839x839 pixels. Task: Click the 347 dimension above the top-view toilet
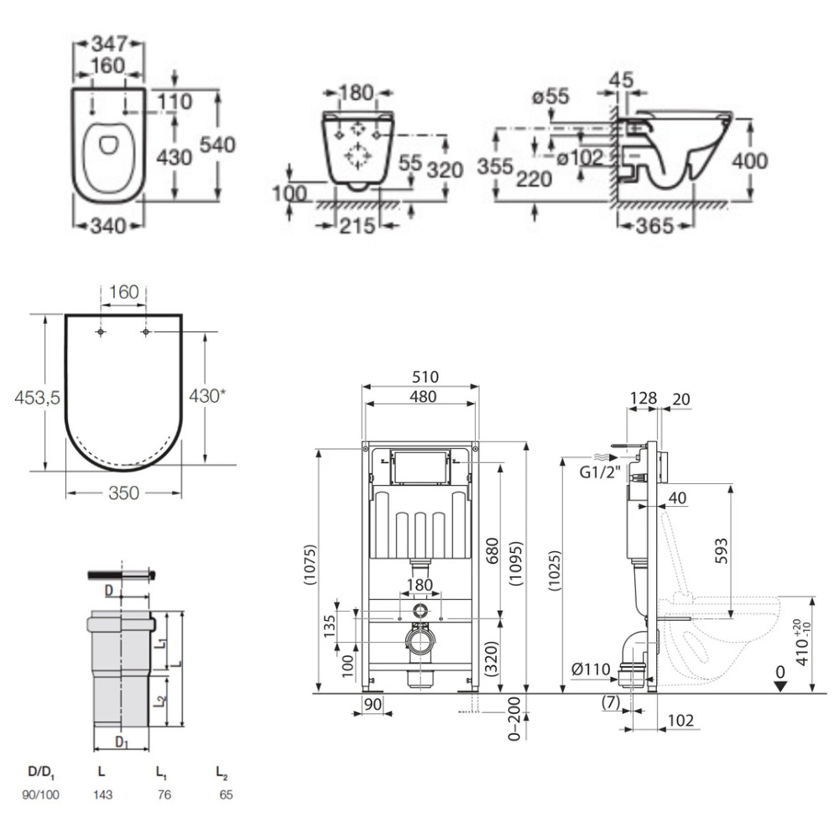pos(108,44)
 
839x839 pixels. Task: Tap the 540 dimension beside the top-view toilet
pos(217,145)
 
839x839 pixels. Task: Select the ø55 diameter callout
pos(550,96)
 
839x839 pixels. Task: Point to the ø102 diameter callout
pos(580,158)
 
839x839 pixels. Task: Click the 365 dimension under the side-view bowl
pos(655,226)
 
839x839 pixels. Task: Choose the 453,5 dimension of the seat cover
pos(38,397)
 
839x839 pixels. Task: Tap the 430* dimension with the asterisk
pos(207,396)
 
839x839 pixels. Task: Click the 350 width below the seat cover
pos(123,492)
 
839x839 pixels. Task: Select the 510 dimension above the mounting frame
pos(425,377)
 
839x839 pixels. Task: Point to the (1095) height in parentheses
pos(516,564)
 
